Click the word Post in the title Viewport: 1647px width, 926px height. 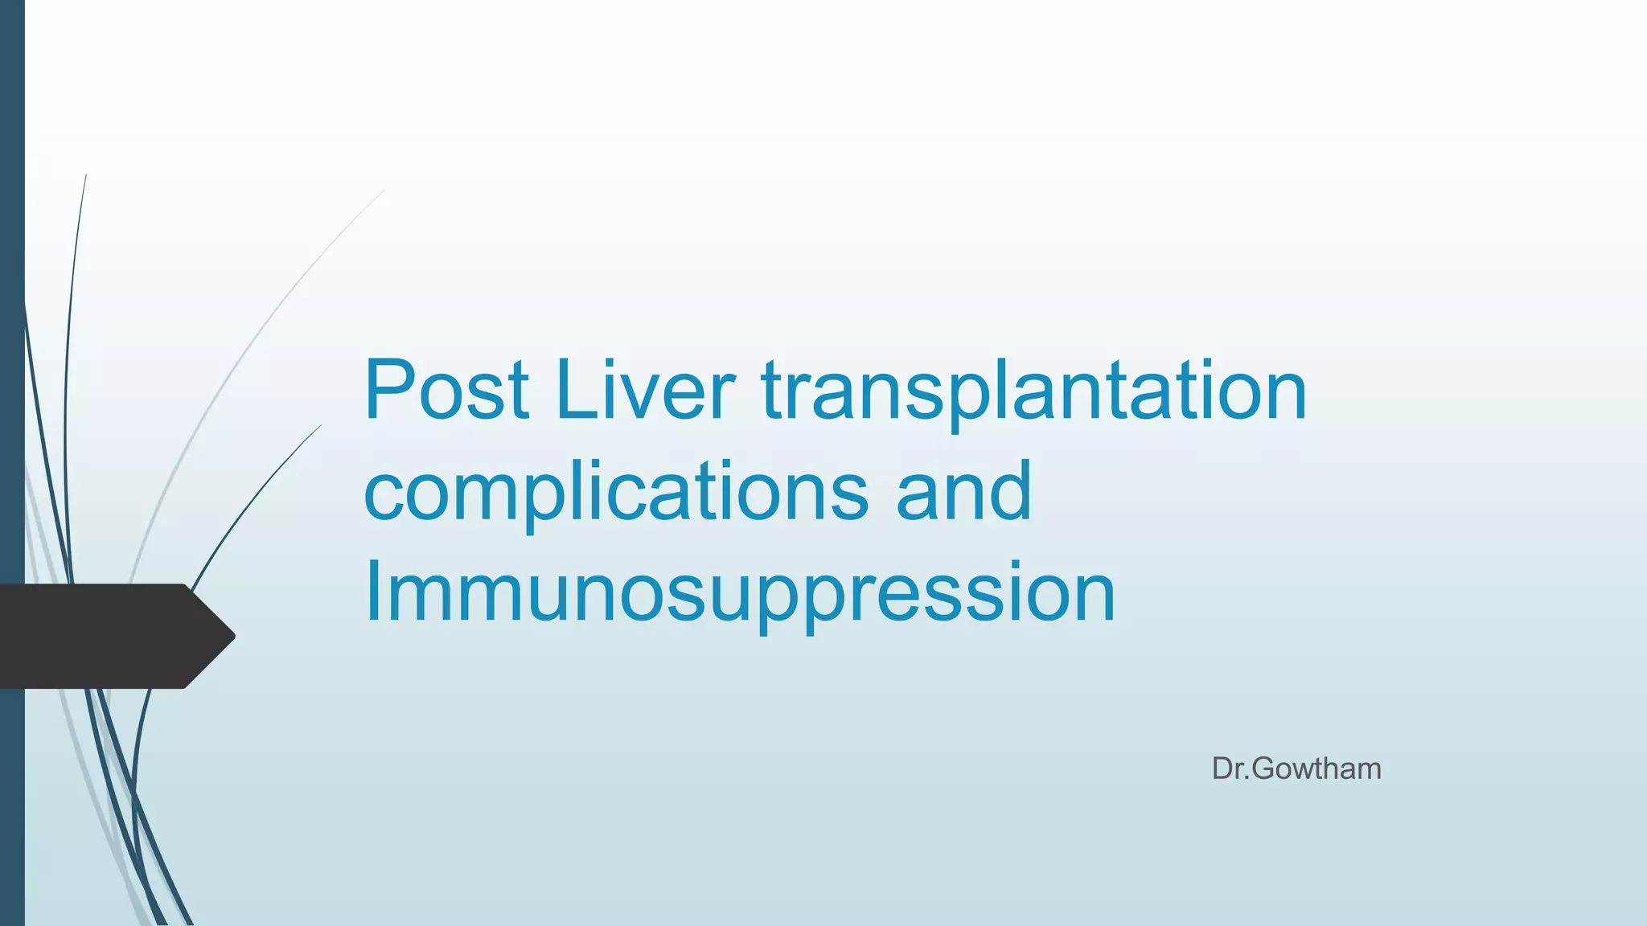pyautogui.click(x=446, y=391)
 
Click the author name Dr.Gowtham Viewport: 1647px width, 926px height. pyautogui.click(x=1296, y=769)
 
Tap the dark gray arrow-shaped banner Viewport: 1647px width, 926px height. pyautogui.click(x=105, y=636)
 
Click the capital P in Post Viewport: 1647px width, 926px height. pyautogui.click(x=392, y=391)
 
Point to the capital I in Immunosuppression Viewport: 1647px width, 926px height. pyautogui.click(x=372, y=592)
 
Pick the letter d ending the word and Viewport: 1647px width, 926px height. pyautogui.click(x=1011, y=489)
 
